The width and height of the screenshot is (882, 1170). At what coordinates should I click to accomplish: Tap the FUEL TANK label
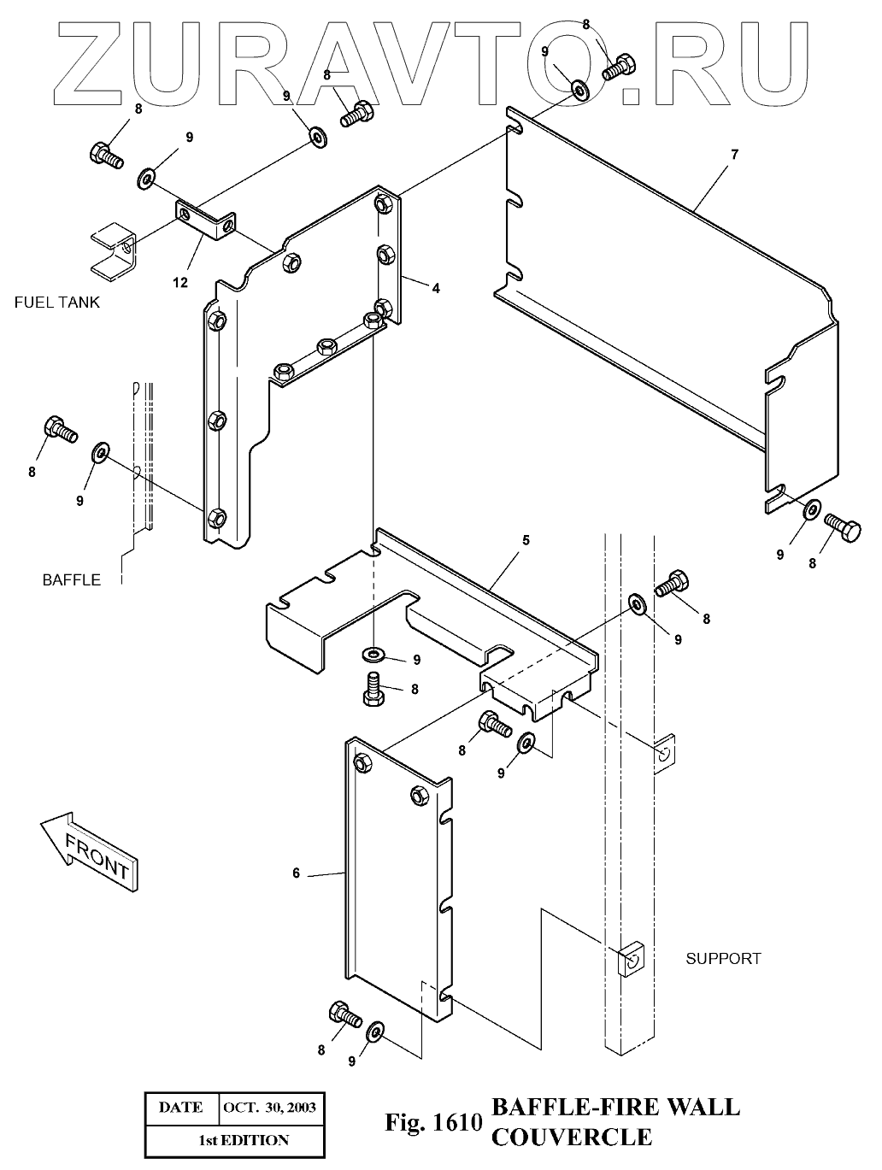(x=57, y=302)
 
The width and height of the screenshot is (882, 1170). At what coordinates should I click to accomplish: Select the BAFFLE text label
(x=72, y=580)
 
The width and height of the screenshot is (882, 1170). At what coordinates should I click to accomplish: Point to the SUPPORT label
(x=723, y=958)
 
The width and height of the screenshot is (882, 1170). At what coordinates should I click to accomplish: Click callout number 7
(x=734, y=155)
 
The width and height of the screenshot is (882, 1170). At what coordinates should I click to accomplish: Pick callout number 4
(x=436, y=289)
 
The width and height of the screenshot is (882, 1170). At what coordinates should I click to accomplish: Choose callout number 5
(x=526, y=540)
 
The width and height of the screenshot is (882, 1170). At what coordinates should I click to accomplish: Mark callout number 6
(x=297, y=873)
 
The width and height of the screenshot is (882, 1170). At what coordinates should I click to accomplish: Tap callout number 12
(x=180, y=283)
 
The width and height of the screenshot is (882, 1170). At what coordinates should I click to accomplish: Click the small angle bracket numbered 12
(x=206, y=219)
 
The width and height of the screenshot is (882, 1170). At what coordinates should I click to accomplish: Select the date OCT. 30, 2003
(x=269, y=1108)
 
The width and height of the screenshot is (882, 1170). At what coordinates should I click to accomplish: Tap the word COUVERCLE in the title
(x=572, y=1138)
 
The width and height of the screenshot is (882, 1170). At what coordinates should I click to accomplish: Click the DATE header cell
(x=181, y=1108)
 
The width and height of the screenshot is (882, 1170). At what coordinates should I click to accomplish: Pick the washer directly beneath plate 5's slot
(x=373, y=655)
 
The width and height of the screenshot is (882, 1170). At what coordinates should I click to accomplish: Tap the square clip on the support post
(x=630, y=960)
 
